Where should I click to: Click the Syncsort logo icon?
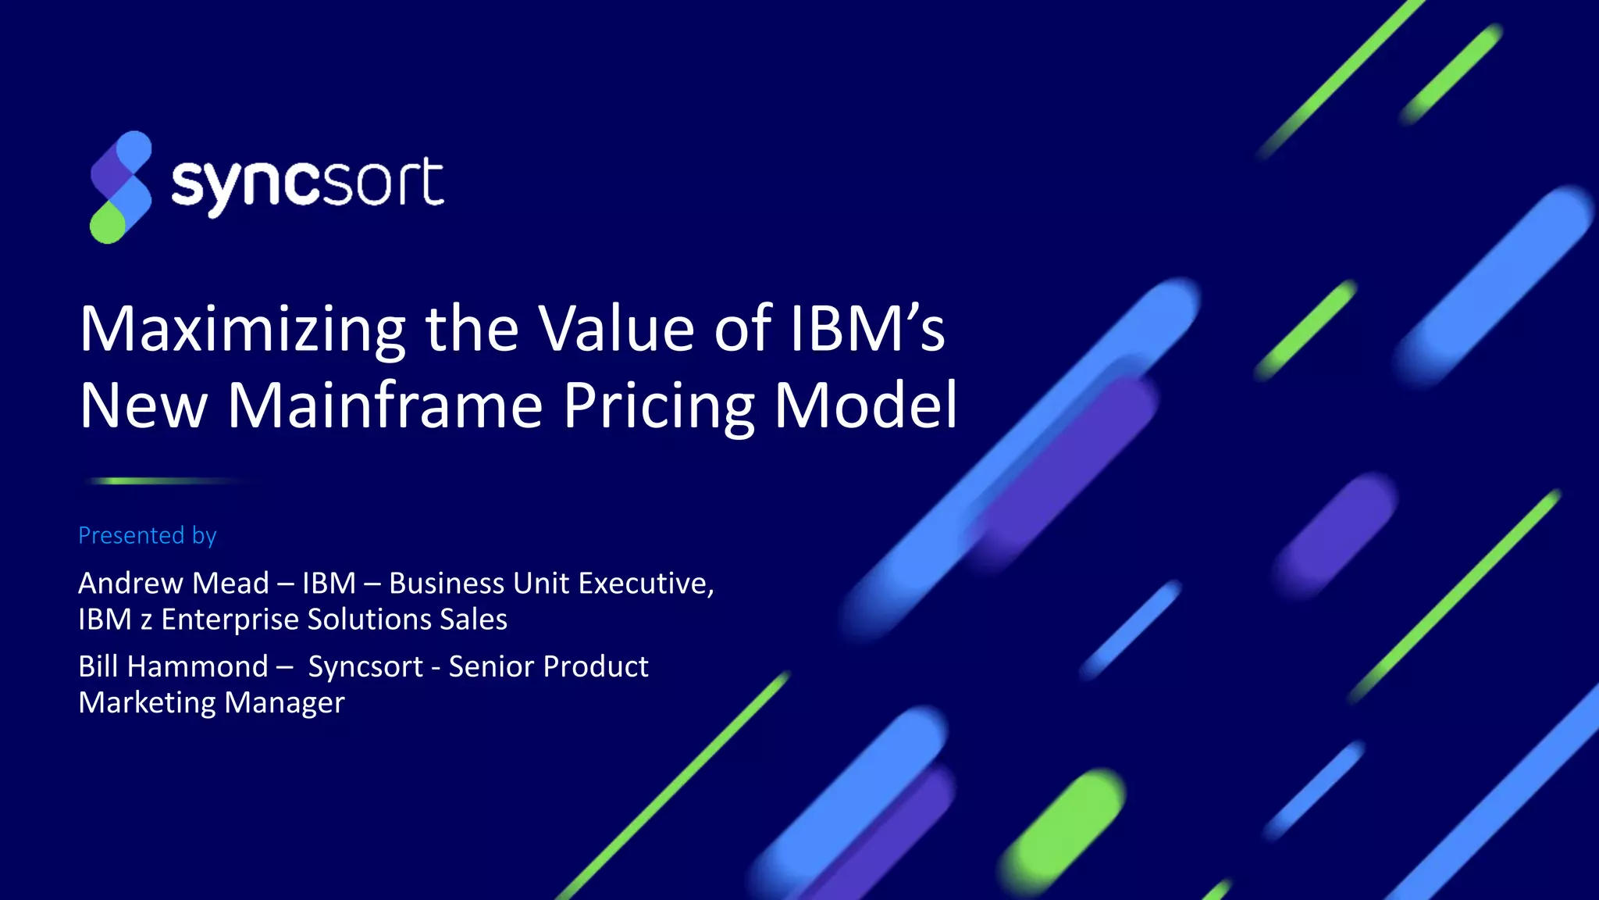[x=120, y=187]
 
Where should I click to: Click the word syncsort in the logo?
[x=307, y=184]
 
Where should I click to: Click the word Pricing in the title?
[x=659, y=406]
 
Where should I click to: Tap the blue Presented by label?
[x=147, y=535]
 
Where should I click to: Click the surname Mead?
[x=230, y=583]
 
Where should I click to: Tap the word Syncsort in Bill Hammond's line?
[x=365, y=666]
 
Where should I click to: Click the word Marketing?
[x=146, y=702]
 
